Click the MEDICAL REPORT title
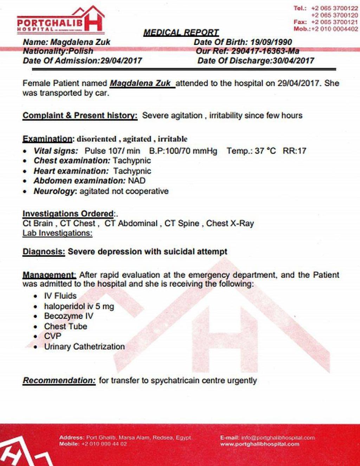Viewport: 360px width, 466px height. click(181, 33)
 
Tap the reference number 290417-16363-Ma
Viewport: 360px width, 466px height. click(265, 51)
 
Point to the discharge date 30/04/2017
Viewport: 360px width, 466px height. click(293, 60)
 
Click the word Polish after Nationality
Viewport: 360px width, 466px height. click(81, 51)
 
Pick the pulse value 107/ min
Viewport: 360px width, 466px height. click(112, 151)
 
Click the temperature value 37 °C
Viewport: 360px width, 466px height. click(265, 151)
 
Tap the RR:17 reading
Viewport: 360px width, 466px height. click(294, 151)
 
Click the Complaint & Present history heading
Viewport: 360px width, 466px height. click(80, 116)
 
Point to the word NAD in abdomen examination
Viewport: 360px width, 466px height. click(136, 181)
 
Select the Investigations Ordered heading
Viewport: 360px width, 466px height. click(68, 214)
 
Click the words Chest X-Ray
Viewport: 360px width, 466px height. click(230, 224)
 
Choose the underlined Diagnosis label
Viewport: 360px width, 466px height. click(44, 252)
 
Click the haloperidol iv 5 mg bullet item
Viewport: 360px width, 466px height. click(79, 306)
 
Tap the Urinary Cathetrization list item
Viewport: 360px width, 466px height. click(84, 347)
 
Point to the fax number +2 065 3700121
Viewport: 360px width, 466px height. click(334, 22)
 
